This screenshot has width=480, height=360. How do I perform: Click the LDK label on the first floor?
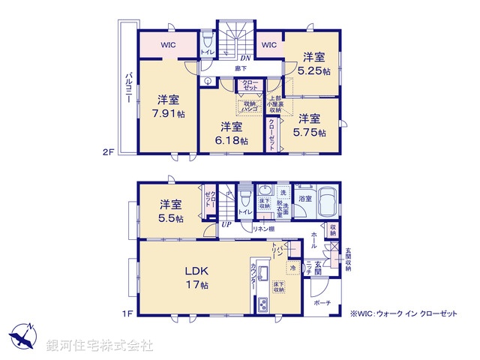pyautogui.click(x=196, y=271)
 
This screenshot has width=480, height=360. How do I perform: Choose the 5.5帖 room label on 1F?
pyautogui.click(x=170, y=217)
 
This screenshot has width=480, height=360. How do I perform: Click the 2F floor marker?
pyautogui.click(x=107, y=152)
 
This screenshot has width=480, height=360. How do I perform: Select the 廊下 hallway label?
pyautogui.click(x=240, y=68)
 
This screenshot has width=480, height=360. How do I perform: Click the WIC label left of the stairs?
pyautogui.click(x=168, y=45)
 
